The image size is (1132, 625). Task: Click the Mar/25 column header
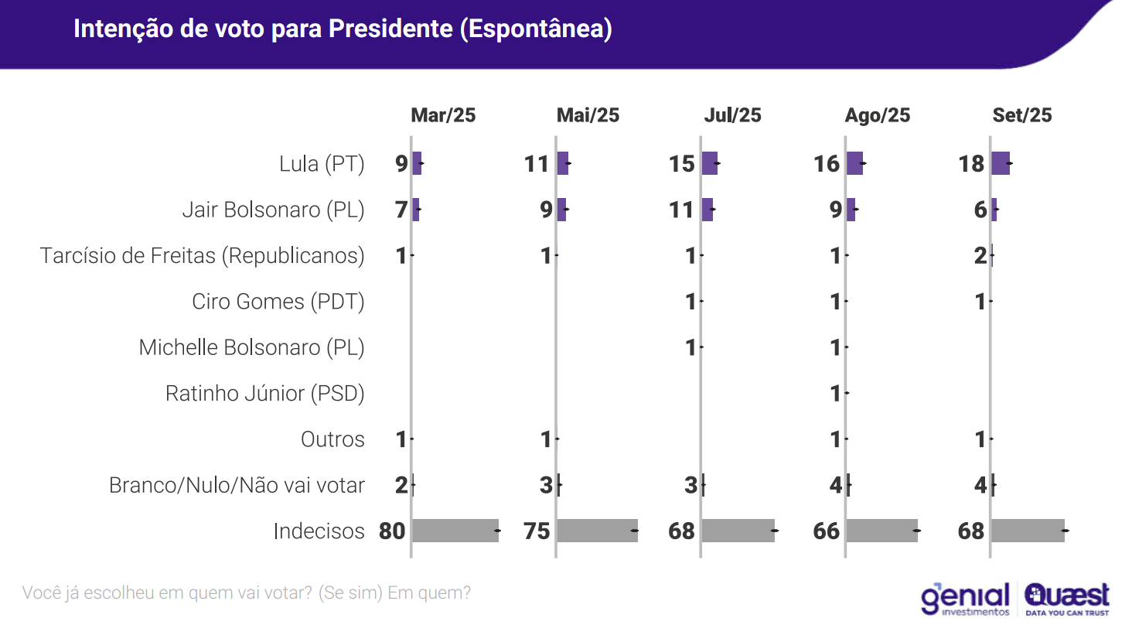(x=443, y=115)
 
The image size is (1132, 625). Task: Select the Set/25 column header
(x=1022, y=115)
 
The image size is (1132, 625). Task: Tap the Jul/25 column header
(x=732, y=115)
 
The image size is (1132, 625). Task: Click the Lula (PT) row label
(x=322, y=164)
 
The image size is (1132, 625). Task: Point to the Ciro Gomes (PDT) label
(x=278, y=302)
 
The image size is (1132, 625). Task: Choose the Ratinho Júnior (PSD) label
(x=265, y=394)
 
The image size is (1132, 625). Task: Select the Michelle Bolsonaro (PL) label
(x=251, y=347)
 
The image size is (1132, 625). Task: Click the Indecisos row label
(x=319, y=531)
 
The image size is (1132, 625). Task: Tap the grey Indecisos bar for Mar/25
(x=455, y=531)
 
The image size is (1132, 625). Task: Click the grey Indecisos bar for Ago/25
(x=882, y=531)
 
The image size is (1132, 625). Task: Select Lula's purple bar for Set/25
(x=1001, y=163)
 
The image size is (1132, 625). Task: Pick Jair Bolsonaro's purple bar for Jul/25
(x=707, y=210)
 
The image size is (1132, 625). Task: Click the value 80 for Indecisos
(x=392, y=531)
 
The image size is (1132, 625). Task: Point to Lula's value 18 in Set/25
(x=971, y=164)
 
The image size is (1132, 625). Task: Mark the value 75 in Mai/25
(x=537, y=531)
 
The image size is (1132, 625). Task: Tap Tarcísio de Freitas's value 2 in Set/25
(x=980, y=256)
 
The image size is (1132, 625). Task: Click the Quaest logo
(x=1067, y=599)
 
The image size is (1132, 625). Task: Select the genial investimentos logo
(x=965, y=599)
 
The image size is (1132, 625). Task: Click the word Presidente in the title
(x=390, y=29)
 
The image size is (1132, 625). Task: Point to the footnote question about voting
(x=246, y=593)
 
